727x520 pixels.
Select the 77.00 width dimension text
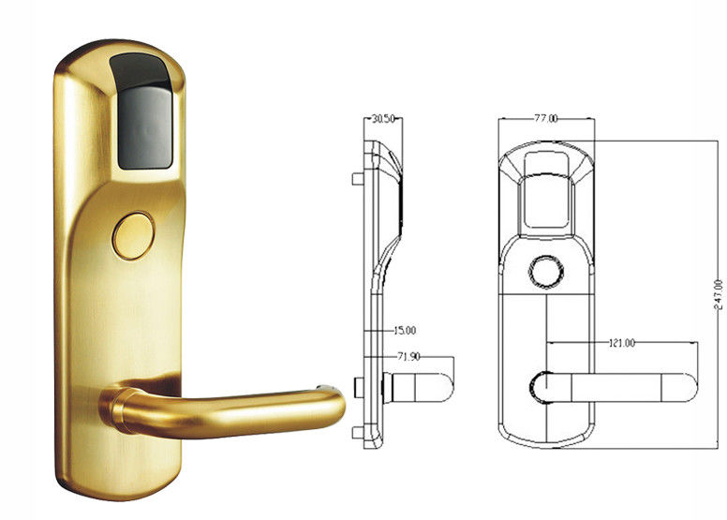point(546,119)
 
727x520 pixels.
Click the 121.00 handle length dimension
point(619,344)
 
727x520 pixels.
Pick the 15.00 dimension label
point(405,330)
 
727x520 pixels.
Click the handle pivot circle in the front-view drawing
point(542,387)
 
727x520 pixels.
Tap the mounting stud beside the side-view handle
point(360,386)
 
